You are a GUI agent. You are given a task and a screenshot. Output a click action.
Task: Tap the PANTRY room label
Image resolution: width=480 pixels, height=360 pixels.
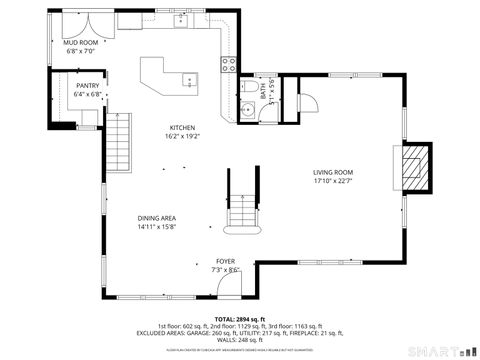pyautogui.click(x=88, y=86)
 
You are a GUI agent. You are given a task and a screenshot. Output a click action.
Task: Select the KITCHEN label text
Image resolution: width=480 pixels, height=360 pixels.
pyautogui.click(x=182, y=128)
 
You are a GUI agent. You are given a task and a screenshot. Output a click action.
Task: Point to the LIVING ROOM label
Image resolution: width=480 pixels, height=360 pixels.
pyautogui.click(x=333, y=173)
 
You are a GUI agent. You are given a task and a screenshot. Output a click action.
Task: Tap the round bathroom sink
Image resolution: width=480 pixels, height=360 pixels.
pyautogui.click(x=246, y=109)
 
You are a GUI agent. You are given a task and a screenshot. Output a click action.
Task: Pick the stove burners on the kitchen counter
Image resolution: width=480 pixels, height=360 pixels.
pyautogui.click(x=229, y=65)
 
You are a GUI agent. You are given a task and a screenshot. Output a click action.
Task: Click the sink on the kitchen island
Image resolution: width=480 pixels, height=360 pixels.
pyautogui.click(x=190, y=80)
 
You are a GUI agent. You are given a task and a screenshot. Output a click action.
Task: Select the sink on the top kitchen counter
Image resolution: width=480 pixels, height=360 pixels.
pyautogui.click(x=183, y=18)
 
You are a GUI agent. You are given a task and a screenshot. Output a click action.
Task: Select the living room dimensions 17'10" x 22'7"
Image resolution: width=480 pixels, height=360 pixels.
pyautogui.click(x=333, y=182)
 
